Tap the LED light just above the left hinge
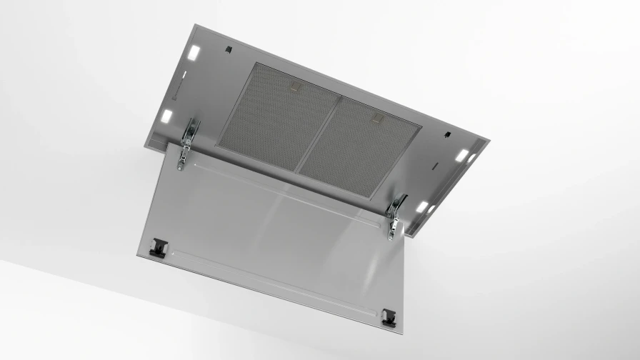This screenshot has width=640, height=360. (x=166, y=116)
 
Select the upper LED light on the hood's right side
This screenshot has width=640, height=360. (x=462, y=155)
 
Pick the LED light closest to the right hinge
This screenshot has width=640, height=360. (x=422, y=206)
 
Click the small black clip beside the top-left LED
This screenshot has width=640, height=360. (x=228, y=49)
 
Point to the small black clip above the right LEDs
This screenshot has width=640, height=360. (x=447, y=134)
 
